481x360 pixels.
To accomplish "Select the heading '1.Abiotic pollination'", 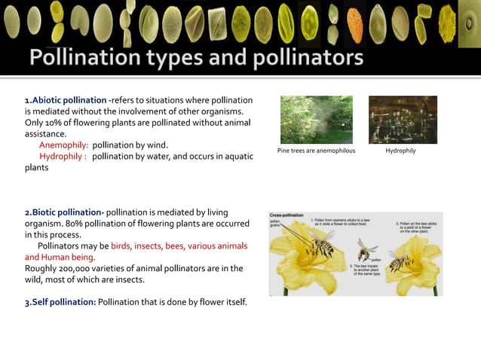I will click(65, 100).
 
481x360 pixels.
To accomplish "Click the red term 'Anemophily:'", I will click(63, 145).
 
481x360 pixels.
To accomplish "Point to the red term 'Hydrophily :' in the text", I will click(63, 156).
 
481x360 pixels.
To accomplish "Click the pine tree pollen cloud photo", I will click(315, 120).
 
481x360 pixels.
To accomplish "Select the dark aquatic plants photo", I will click(403, 120).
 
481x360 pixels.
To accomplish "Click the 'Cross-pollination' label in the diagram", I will click(286, 215).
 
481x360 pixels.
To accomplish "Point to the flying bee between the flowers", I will click(367, 248).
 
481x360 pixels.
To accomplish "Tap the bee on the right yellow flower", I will click(400, 261).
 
